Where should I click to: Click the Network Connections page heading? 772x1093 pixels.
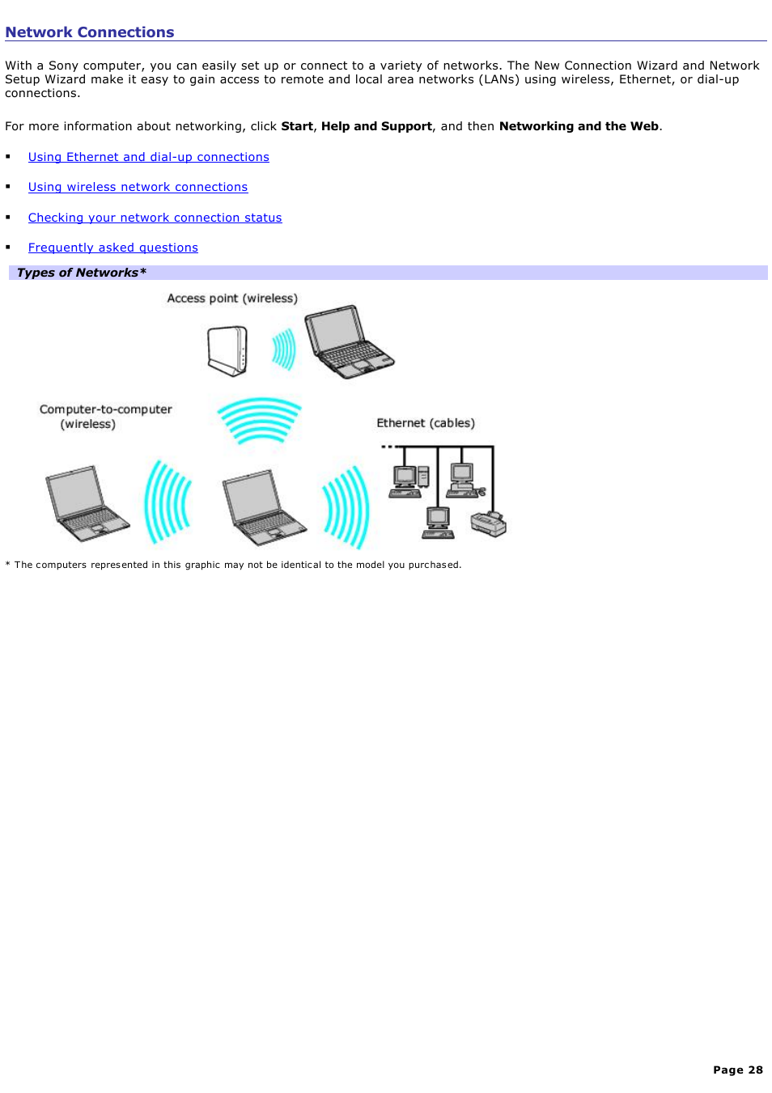pyautogui.click(x=90, y=32)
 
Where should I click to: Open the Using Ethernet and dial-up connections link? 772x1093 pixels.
pyautogui.click(x=148, y=157)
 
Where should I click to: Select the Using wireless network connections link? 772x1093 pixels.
pyautogui.click(x=138, y=187)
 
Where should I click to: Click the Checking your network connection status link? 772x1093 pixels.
pyautogui.click(x=155, y=218)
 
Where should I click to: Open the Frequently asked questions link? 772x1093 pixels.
pyautogui.click(x=112, y=248)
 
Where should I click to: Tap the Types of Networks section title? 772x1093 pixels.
pyautogui.click(x=81, y=273)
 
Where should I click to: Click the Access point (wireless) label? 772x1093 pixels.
pyautogui.click(x=232, y=299)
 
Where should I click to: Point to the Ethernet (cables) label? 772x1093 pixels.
pyautogui.click(x=426, y=423)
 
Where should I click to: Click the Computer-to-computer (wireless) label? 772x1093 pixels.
pyautogui.click(x=105, y=417)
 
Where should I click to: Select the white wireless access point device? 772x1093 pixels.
pyautogui.click(x=227, y=350)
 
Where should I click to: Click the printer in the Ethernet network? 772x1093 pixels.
pyautogui.click(x=489, y=523)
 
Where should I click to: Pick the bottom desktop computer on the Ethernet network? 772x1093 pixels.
pyautogui.click(x=438, y=522)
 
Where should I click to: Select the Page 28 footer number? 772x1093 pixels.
pyautogui.click(x=737, y=1070)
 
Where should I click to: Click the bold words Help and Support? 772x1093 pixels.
pyautogui.click(x=376, y=126)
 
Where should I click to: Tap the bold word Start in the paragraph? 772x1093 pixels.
pyautogui.click(x=297, y=126)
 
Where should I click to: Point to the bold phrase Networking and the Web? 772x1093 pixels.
pyautogui.click(x=579, y=126)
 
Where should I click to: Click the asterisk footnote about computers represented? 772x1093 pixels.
pyautogui.click(x=233, y=565)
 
